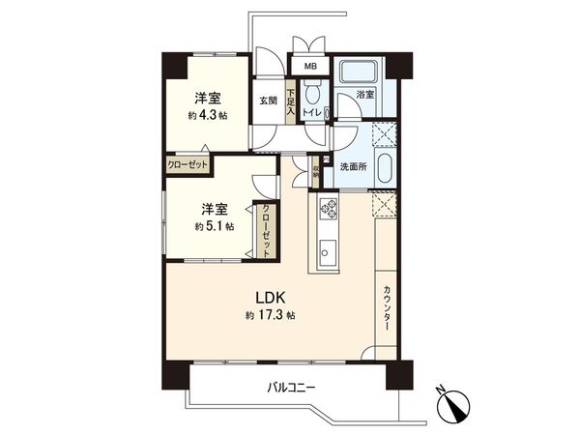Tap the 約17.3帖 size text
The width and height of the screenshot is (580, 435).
[271, 316]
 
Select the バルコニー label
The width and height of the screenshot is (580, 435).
[292, 388]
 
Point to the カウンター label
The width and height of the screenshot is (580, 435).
[387, 308]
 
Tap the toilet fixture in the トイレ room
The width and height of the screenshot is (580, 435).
[312, 95]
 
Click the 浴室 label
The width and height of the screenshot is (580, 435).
[364, 96]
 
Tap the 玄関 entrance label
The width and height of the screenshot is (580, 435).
[268, 99]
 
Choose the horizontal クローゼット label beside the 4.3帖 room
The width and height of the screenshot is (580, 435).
[186, 164]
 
